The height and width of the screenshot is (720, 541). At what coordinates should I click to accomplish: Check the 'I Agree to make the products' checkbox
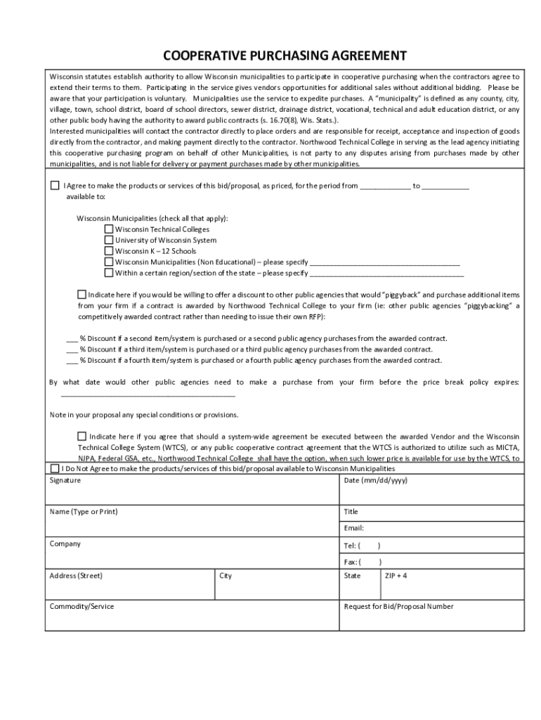[55, 186]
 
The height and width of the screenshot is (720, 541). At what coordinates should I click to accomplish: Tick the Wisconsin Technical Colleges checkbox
[109, 229]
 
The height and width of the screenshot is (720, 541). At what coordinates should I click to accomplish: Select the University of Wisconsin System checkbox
[109, 240]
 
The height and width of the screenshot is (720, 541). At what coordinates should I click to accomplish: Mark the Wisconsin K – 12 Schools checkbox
[109, 251]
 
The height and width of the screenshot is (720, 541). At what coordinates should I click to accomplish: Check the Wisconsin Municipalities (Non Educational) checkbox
[109, 262]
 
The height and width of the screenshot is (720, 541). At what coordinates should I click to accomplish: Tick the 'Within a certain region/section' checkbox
[109, 273]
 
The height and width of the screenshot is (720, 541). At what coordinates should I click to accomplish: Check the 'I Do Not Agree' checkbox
[55, 469]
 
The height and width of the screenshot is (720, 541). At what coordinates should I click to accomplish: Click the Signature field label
[65, 480]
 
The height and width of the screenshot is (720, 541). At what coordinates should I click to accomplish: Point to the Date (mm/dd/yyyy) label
[375, 480]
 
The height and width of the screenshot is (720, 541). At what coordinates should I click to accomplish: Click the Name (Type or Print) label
[83, 512]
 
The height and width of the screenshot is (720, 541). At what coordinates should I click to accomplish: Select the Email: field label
[353, 528]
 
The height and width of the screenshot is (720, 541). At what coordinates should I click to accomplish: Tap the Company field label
[65, 544]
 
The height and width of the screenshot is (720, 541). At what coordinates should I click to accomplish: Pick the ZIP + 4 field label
[396, 576]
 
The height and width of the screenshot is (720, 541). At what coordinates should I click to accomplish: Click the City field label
[226, 576]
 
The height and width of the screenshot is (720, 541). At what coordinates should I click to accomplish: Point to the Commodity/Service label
[82, 606]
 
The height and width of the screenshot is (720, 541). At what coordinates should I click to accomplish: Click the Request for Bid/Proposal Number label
[398, 606]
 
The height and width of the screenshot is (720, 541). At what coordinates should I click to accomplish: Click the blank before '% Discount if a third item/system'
[71, 349]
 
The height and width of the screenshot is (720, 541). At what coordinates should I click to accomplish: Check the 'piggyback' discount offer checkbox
[82, 295]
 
